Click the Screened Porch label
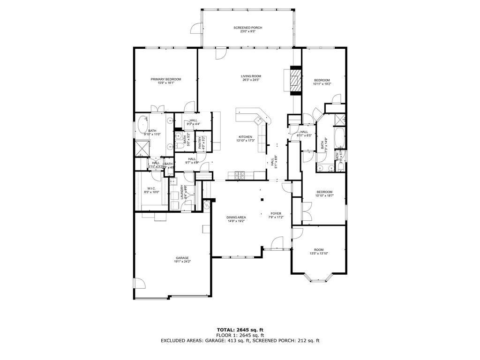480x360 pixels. [248, 28]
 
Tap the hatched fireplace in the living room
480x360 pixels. [295, 81]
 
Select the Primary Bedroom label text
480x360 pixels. [165, 79]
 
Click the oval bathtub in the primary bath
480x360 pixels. [142, 125]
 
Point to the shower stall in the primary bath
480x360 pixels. [141, 148]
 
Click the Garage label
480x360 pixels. [182, 258]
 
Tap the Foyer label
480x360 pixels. [276, 213]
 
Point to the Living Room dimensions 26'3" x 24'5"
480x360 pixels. [251, 80]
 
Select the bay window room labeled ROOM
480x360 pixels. [319, 250]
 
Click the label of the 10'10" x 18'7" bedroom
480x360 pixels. [324, 192]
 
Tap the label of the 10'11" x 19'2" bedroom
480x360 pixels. [322, 80]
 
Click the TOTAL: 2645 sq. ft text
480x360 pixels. [240, 330]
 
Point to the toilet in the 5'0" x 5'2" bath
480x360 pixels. [180, 147]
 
